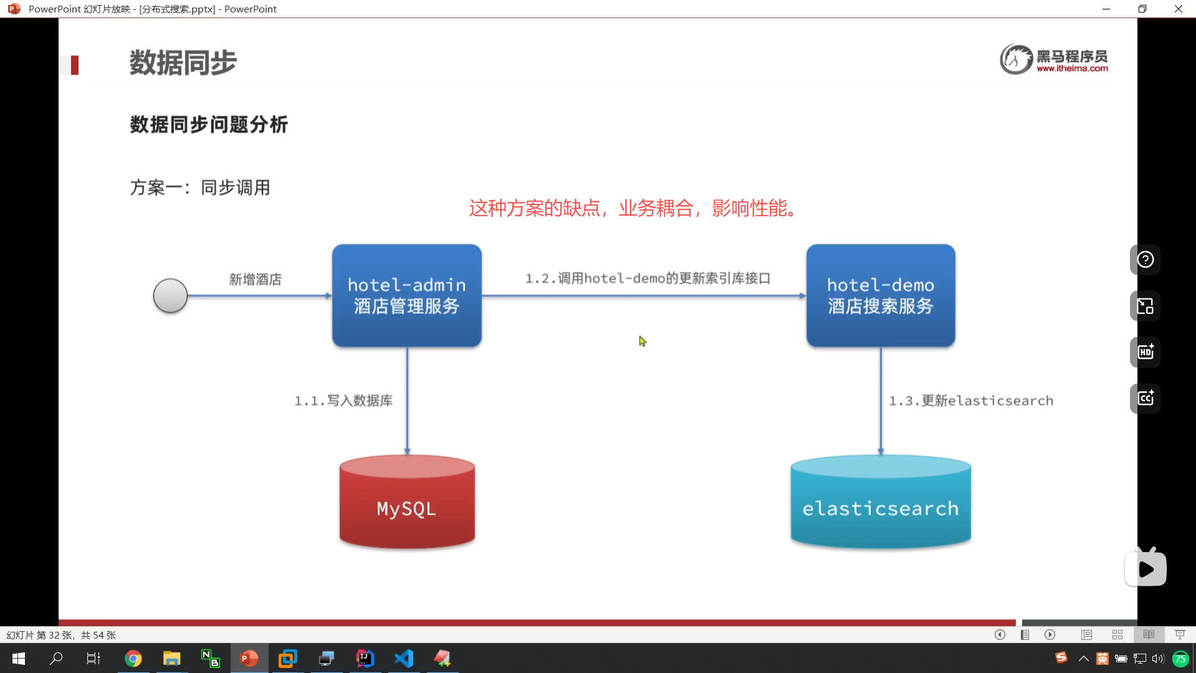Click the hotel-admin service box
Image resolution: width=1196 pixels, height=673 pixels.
click(x=407, y=295)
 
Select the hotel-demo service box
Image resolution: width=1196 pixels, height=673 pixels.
click(x=880, y=295)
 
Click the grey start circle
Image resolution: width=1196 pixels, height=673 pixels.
click(x=170, y=295)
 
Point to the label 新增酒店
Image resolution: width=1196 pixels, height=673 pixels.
click(x=255, y=279)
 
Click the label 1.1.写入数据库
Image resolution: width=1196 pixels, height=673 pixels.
click(x=343, y=401)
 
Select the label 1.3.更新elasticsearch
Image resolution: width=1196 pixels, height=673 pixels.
click(x=971, y=401)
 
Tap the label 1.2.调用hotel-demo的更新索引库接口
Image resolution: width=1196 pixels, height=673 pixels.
click(x=648, y=278)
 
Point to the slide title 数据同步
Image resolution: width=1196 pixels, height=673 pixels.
click(x=183, y=63)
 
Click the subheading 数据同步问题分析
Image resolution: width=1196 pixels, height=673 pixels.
click(x=209, y=125)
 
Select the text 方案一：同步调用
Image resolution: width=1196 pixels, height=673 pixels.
click(x=200, y=188)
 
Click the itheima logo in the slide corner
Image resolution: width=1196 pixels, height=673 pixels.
click(x=1054, y=60)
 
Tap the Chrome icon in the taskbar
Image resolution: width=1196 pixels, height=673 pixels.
click(x=133, y=658)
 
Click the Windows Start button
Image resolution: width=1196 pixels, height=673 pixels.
click(x=19, y=658)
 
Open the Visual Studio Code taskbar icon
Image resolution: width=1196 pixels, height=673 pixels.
click(x=404, y=658)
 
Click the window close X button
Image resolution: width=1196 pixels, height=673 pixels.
click(x=1178, y=9)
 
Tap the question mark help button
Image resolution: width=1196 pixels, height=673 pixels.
click(x=1145, y=260)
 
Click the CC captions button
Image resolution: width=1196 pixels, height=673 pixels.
click(x=1145, y=398)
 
